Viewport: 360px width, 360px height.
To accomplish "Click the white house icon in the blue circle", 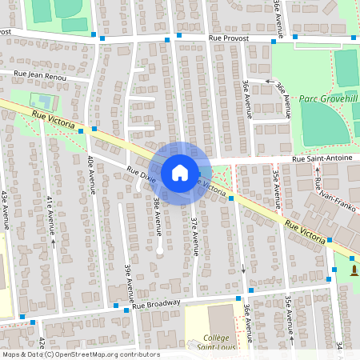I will click(179, 172).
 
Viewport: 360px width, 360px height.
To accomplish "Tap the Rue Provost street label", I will click(228, 38).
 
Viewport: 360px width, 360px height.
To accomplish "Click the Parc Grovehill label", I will click(329, 98).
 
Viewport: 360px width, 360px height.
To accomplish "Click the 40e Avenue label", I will click(91, 176).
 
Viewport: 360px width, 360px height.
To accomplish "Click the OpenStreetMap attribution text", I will click(80, 354).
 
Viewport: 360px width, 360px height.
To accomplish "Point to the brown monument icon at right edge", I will click(354, 270).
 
